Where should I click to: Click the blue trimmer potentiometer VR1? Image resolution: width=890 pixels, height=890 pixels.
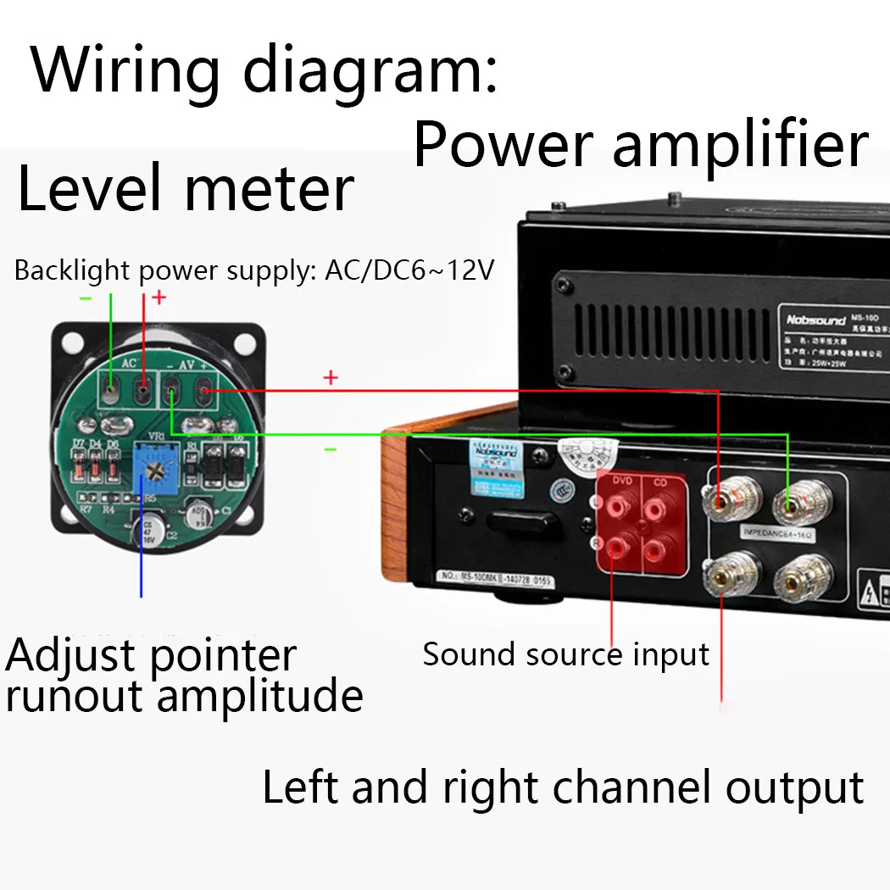[156, 465]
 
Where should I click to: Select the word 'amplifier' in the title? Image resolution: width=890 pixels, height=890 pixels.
[740, 145]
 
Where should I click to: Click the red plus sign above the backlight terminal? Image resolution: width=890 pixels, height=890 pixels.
[159, 297]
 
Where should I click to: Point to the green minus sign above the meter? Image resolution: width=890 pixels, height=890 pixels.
[86, 298]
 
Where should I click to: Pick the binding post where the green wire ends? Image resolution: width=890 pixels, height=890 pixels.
[790, 507]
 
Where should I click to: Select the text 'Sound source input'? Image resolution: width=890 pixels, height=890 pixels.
[565, 654]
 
